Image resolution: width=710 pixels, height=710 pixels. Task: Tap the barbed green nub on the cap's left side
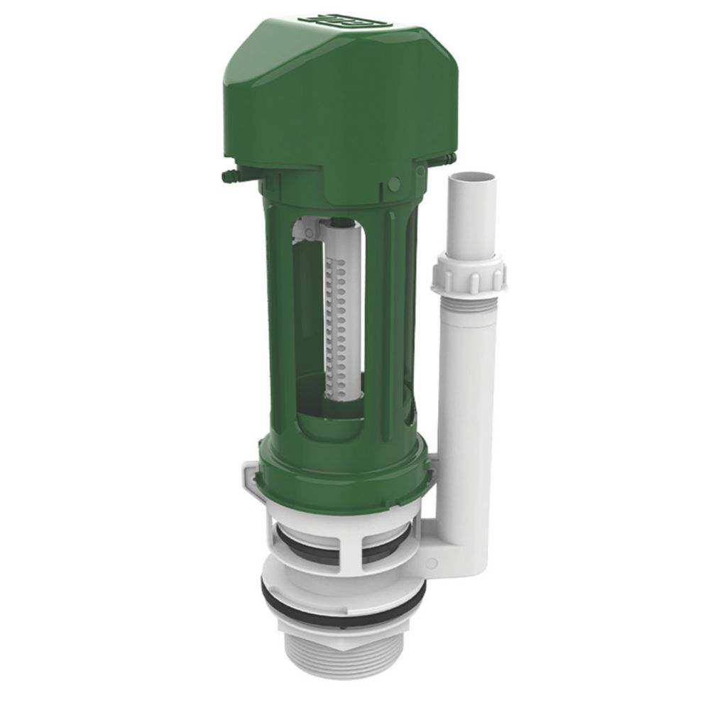[x=229, y=173]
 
